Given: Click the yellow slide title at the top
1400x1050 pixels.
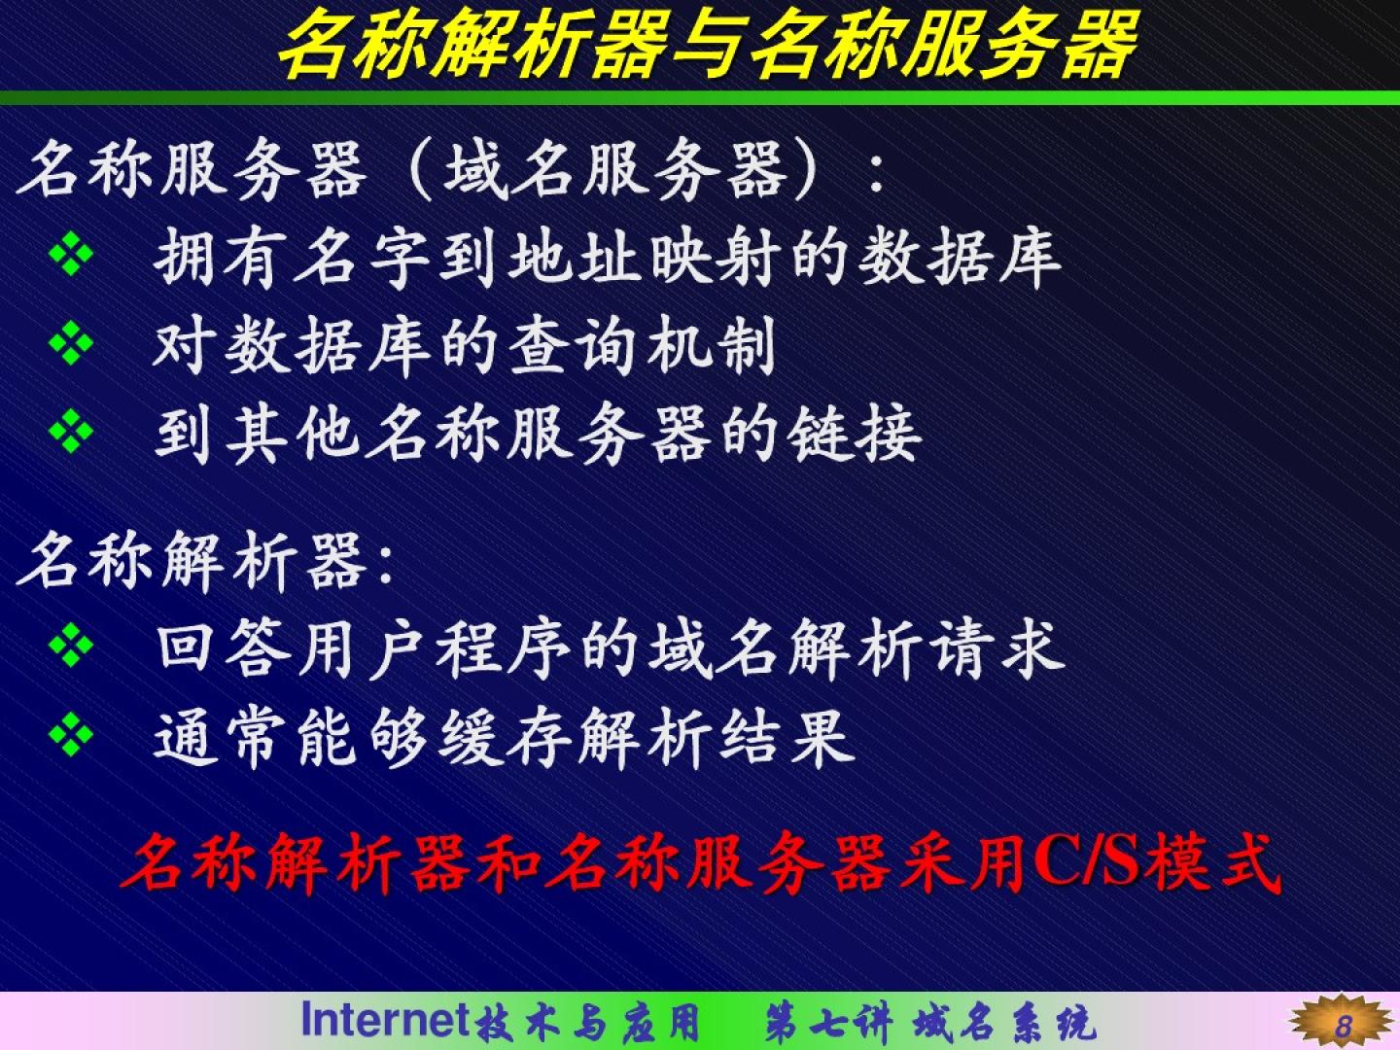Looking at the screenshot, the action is coord(707,45).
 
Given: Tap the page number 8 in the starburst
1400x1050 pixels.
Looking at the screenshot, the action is coord(1343,1026).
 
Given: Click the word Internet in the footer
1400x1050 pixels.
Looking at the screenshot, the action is coord(385,1019).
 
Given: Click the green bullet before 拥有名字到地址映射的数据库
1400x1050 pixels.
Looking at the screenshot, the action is coord(71,253).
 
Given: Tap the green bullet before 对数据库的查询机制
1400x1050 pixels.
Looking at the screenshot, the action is coord(71,342).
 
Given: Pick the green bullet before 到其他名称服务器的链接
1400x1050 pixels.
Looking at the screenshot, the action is coord(71,431).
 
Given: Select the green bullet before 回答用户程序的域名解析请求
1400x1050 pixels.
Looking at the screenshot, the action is coord(71,645).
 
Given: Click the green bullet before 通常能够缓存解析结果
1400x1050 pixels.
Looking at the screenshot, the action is coord(71,734).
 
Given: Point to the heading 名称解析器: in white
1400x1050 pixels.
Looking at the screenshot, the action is coord(205,562).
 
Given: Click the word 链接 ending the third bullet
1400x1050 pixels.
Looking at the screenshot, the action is coord(855,437).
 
